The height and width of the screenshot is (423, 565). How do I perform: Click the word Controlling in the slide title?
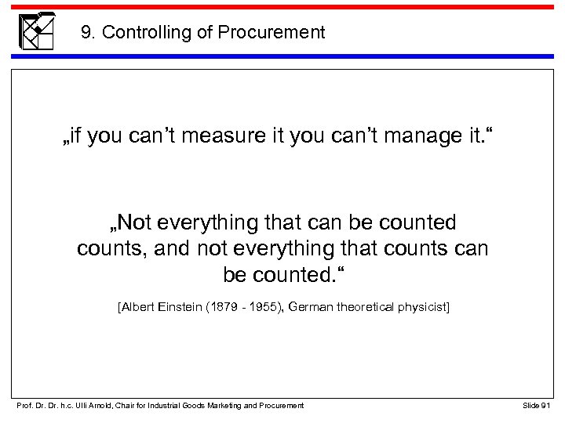[x=139, y=33]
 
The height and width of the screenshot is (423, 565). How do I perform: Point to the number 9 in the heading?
[x=86, y=33]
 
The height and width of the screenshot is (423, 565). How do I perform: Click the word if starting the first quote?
[x=76, y=138]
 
